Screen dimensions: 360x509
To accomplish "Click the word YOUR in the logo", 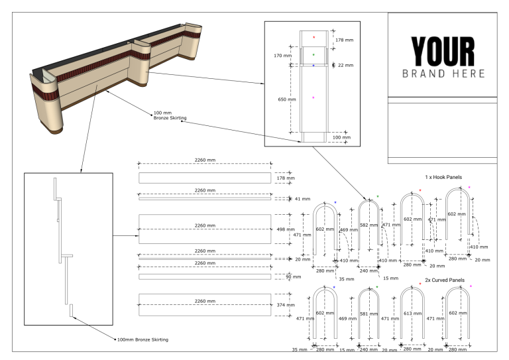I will (x=442, y=51).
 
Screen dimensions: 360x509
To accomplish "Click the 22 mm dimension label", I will (x=345, y=66).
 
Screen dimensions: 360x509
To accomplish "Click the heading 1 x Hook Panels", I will (x=443, y=178).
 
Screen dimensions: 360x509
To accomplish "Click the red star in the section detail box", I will (x=314, y=37).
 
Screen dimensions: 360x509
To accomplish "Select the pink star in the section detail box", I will (x=313, y=97).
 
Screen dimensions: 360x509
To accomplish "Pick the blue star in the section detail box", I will (x=313, y=66).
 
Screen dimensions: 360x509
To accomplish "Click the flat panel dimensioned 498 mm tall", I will (x=204, y=229).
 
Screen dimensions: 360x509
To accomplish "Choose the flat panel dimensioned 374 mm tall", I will (x=204, y=304).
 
